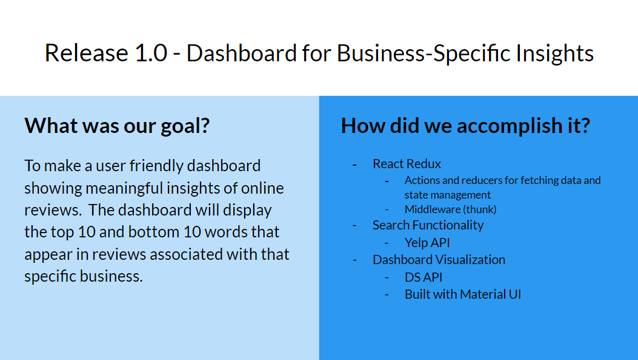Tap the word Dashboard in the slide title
pos(242,53)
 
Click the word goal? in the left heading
pos(185,126)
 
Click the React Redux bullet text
pos(407,164)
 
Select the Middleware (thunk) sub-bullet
pos(450,209)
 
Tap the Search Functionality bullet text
pos(428,225)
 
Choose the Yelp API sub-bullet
pos(427,243)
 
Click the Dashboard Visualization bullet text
pos(439,260)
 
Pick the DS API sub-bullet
pos(423,277)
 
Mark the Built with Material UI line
pos(463,294)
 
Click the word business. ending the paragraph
pos(111,276)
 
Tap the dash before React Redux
pos(355,165)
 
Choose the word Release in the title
pos(86,53)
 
